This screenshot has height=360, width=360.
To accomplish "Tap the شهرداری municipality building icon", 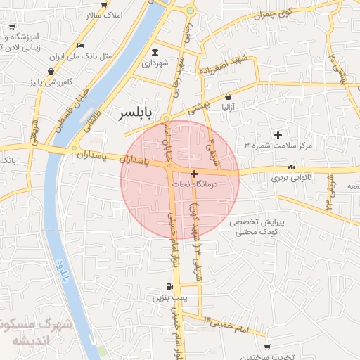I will (x=155, y=52).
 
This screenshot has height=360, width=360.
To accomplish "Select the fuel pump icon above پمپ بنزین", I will (x=169, y=286).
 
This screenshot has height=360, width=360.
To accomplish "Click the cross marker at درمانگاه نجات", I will (x=194, y=172).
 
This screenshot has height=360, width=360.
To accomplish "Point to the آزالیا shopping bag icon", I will (x=229, y=97).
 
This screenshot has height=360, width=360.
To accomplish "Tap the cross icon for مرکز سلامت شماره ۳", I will (x=278, y=134).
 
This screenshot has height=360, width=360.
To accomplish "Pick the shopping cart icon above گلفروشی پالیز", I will (x=51, y=72).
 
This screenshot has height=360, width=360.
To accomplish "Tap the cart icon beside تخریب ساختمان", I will (x=267, y=347).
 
